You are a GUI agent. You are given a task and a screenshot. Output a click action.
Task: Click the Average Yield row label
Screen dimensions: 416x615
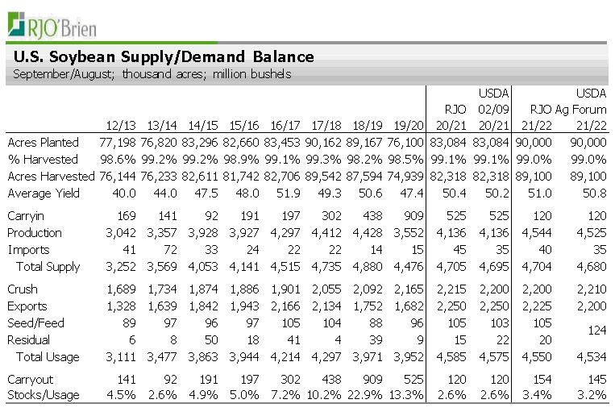[x=40, y=193]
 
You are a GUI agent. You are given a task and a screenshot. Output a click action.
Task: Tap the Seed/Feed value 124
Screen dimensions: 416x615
[x=596, y=331]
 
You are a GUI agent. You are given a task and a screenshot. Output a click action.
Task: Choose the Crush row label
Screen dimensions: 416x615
[x=23, y=289]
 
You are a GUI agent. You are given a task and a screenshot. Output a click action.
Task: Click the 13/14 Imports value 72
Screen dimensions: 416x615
[x=168, y=250]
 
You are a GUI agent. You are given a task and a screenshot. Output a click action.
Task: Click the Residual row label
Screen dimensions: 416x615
[x=29, y=340]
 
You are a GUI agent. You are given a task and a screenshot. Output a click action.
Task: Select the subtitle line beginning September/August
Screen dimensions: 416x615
[x=152, y=74]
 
